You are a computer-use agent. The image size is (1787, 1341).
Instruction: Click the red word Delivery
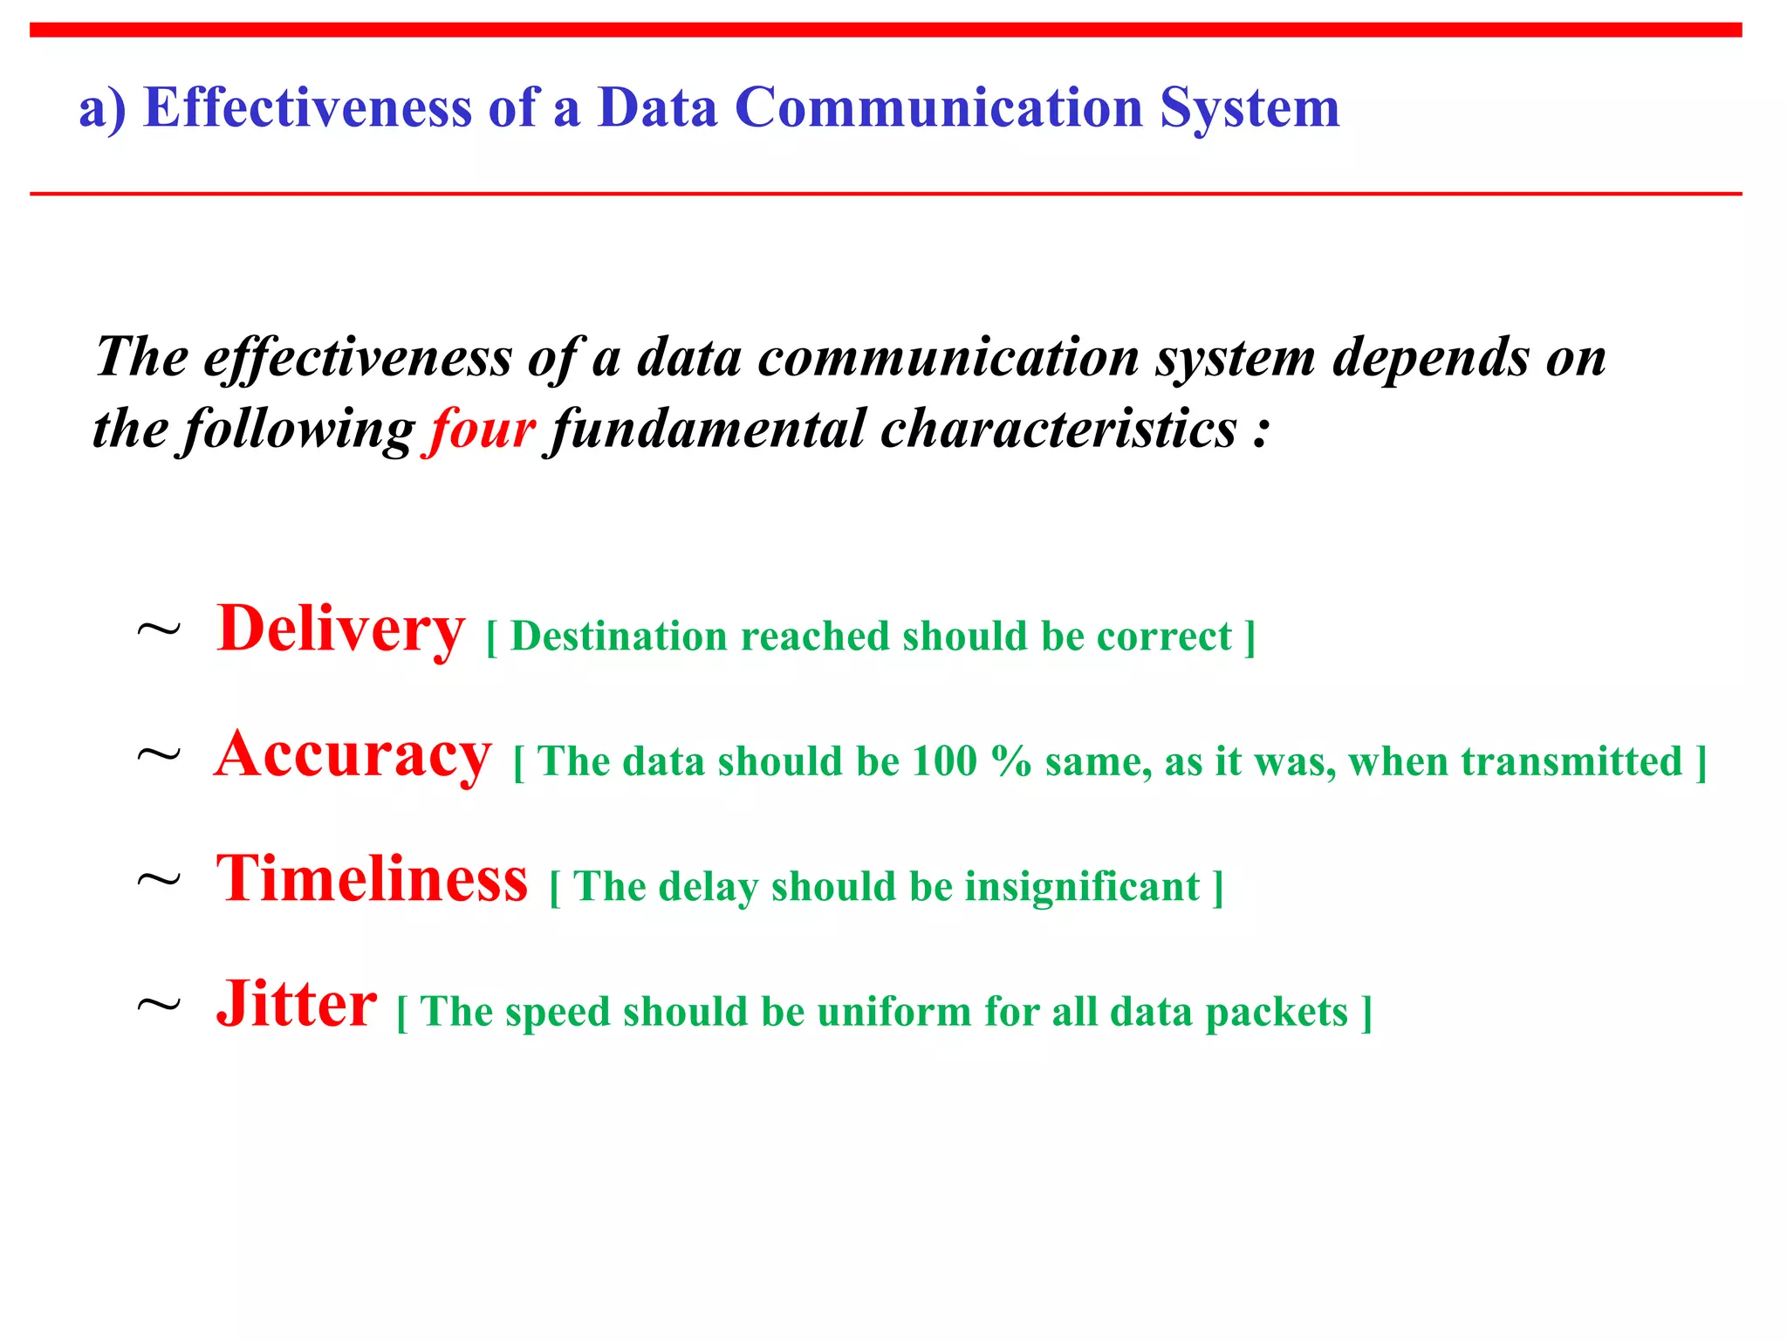pos(340,629)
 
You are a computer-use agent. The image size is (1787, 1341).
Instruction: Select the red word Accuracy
pos(353,755)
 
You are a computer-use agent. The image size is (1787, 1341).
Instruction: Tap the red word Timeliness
pos(373,880)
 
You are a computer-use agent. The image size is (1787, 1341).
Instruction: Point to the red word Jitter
pos(297,1005)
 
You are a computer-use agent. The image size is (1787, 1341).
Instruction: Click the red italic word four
pos(479,430)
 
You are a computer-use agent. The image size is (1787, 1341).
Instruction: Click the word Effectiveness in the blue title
pos(307,108)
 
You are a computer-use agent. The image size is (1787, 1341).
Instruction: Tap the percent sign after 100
pos(1011,761)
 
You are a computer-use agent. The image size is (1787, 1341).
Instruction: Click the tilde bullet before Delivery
pos(159,630)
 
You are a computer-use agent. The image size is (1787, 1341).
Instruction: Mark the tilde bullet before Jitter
pos(159,1007)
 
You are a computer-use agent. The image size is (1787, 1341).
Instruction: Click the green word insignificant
pos(1082,887)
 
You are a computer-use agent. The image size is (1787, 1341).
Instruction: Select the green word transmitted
pos(1571,761)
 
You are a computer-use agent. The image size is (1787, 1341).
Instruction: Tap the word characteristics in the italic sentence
pos(1058,430)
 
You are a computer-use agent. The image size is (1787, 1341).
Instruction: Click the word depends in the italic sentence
pos(1430,358)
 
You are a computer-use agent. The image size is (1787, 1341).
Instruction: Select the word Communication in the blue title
pos(939,108)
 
